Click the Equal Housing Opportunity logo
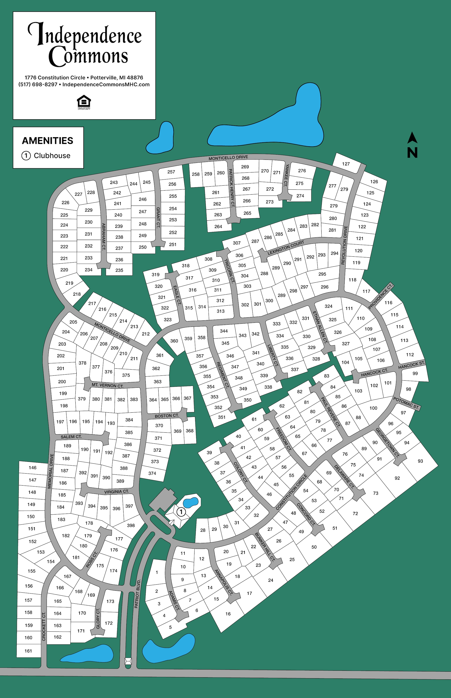click(x=84, y=102)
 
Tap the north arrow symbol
click(x=412, y=145)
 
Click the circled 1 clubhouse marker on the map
click(x=181, y=512)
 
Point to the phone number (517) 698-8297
click(x=38, y=84)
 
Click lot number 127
click(x=346, y=164)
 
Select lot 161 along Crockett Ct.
click(x=28, y=651)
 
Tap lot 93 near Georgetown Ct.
click(x=420, y=461)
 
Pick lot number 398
click(x=131, y=525)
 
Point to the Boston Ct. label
click(x=167, y=415)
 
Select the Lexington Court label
click(x=286, y=247)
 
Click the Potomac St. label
click(x=406, y=403)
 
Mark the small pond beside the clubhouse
click(x=191, y=502)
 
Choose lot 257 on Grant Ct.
click(x=171, y=172)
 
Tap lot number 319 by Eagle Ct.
click(x=156, y=275)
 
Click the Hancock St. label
click(x=411, y=365)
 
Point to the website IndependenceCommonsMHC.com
click(x=106, y=84)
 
